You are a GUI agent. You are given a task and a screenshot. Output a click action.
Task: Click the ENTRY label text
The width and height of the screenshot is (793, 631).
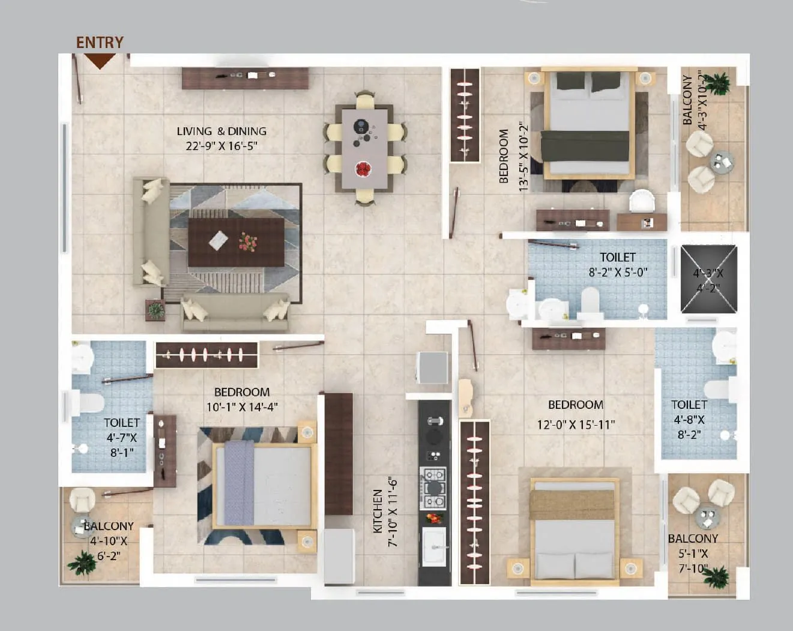click(x=100, y=42)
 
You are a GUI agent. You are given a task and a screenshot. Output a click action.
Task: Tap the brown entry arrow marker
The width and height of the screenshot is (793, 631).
click(x=99, y=61)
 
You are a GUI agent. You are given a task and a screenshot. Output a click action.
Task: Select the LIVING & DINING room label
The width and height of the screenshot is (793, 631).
click(x=222, y=131)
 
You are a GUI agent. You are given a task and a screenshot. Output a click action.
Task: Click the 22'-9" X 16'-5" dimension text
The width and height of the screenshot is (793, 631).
click(x=222, y=146)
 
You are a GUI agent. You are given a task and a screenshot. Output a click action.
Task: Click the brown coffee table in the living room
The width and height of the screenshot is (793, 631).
click(x=236, y=242)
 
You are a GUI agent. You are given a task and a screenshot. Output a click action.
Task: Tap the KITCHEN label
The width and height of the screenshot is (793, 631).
click(x=378, y=511)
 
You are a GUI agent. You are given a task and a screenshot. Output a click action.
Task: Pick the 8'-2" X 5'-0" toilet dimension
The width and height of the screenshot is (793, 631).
click(x=618, y=272)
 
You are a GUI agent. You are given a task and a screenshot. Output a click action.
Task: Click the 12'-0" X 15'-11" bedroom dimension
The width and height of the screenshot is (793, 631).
click(x=576, y=424)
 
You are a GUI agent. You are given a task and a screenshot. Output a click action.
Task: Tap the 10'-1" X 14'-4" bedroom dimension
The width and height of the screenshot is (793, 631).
click(x=242, y=407)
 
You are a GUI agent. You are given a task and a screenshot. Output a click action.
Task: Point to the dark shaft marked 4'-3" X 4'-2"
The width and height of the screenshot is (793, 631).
click(x=708, y=279)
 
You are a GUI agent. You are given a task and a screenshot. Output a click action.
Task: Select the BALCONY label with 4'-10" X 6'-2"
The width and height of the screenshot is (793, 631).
click(x=109, y=526)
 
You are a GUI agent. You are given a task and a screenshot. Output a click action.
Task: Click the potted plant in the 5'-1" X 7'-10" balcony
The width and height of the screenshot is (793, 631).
click(x=716, y=577)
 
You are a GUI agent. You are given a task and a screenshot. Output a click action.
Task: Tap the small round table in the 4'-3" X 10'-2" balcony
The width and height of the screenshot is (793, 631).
click(x=722, y=161)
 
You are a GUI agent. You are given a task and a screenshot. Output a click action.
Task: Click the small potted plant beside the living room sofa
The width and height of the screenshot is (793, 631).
click(x=155, y=310)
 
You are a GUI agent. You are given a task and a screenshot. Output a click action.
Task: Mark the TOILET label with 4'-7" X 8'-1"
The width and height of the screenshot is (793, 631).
click(x=121, y=423)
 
